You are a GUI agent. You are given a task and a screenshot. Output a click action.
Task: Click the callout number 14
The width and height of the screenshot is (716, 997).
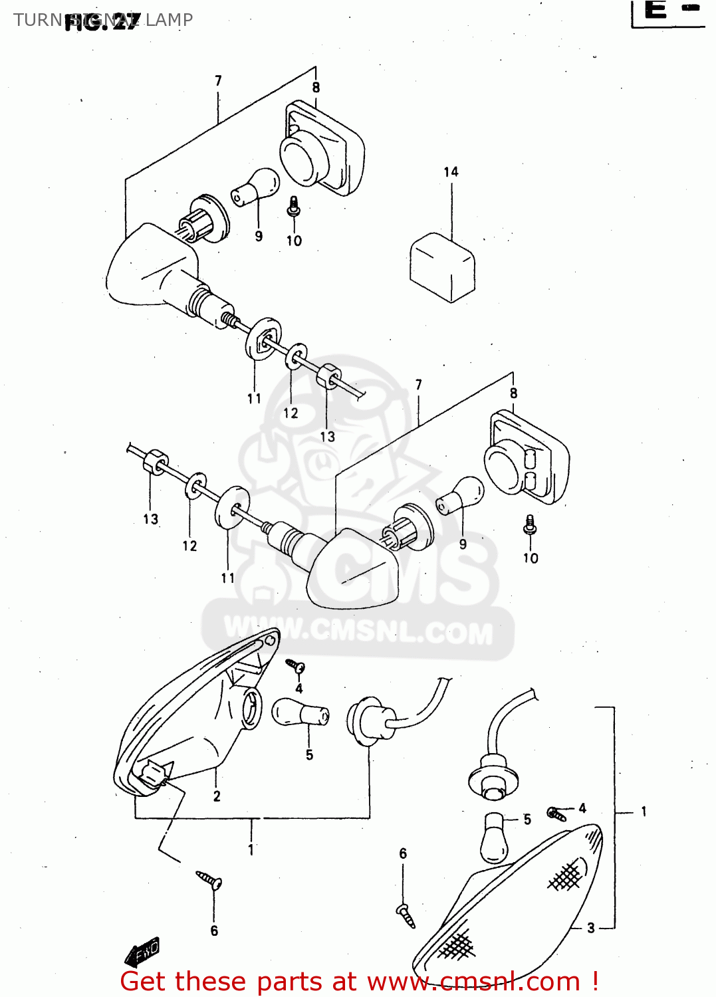coord(451,172)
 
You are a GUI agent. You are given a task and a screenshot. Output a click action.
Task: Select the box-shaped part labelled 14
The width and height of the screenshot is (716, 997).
coord(442,267)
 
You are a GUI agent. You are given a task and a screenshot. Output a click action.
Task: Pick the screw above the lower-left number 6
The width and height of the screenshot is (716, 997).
coord(210,881)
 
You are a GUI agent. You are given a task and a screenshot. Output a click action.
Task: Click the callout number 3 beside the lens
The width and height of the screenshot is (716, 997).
coord(590,928)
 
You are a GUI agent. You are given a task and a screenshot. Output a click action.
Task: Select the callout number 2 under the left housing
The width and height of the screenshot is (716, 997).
coord(217,796)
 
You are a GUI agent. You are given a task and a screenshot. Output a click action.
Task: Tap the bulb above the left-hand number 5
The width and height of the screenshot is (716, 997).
coord(299,713)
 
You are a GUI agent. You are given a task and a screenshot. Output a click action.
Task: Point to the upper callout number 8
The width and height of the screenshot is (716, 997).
coord(316,88)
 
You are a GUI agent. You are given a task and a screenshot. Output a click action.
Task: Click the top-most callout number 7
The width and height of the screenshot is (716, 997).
coord(218,81)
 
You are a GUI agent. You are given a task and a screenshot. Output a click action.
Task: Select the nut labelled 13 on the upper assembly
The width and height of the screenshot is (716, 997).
coord(328,377)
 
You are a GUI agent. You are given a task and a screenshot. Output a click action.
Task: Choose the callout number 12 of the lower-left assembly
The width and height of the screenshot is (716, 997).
coord(189,546)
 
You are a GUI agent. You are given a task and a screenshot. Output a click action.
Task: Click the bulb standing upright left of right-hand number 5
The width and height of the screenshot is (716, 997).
coord(494,837)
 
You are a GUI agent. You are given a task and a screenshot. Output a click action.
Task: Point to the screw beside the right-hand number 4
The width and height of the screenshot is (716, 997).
coord(556,814)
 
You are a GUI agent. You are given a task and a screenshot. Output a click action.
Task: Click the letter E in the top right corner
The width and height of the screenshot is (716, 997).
coord(656,11)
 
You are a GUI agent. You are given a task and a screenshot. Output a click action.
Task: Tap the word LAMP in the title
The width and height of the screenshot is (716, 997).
coord(169,20)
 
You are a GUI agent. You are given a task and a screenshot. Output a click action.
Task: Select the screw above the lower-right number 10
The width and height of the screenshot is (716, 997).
coord(530,525)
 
